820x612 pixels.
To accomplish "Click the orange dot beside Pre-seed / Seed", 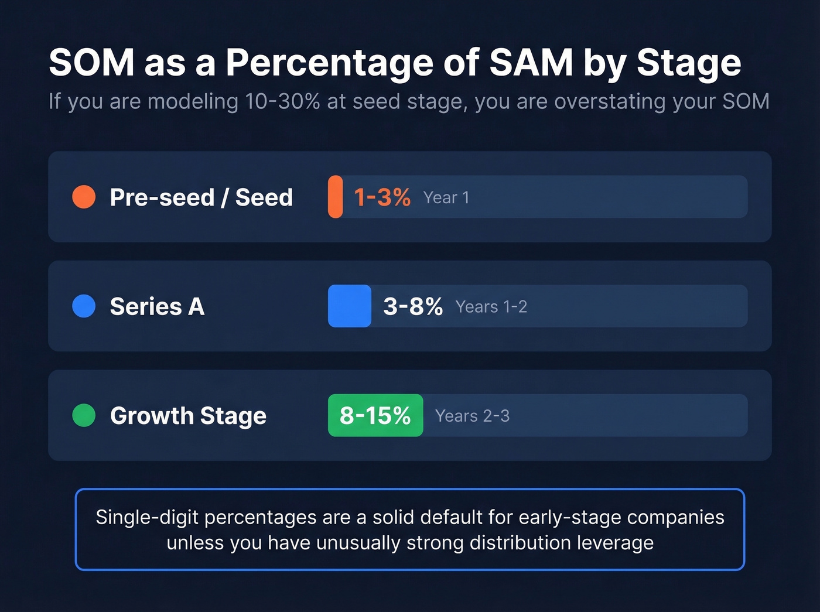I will (84, 197).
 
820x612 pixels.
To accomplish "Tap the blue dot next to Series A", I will (84, 306).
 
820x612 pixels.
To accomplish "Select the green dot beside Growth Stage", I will (84, 415).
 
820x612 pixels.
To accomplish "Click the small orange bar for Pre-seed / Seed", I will (335, 197).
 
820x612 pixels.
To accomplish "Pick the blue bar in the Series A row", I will (349, 306).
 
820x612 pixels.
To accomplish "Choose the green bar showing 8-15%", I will (375, 415).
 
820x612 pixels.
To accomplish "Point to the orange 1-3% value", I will (382, 197).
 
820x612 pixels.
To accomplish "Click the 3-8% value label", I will (412, 306).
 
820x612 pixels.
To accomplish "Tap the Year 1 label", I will (446, 198).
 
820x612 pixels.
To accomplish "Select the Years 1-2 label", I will (491, 307).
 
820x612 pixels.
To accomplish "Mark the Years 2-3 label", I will (472, 416).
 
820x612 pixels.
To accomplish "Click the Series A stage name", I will (157, 306).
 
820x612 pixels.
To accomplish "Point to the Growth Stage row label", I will (188, 416).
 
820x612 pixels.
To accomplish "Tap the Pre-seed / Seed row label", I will (201, 197).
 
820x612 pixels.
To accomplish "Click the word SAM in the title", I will (531, 62).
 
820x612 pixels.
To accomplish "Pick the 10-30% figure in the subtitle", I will (282, 101).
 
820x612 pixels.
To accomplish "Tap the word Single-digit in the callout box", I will (147, 518).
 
